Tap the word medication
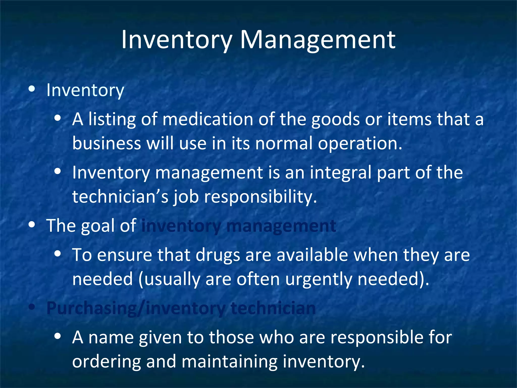(x=208, y=119)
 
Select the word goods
(x=335, y=119)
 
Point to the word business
(x=106, y=143)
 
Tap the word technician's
(x=120, y=197)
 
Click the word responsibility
(x=260, y=197)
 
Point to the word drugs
(x=218, y=255)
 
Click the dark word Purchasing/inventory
(x=136, y=308)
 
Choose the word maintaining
(x=229, y=361)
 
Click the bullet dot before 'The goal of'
(x=32, y=225)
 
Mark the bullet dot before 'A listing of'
(x=58, y=118)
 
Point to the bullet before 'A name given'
(x=58, y=336)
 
